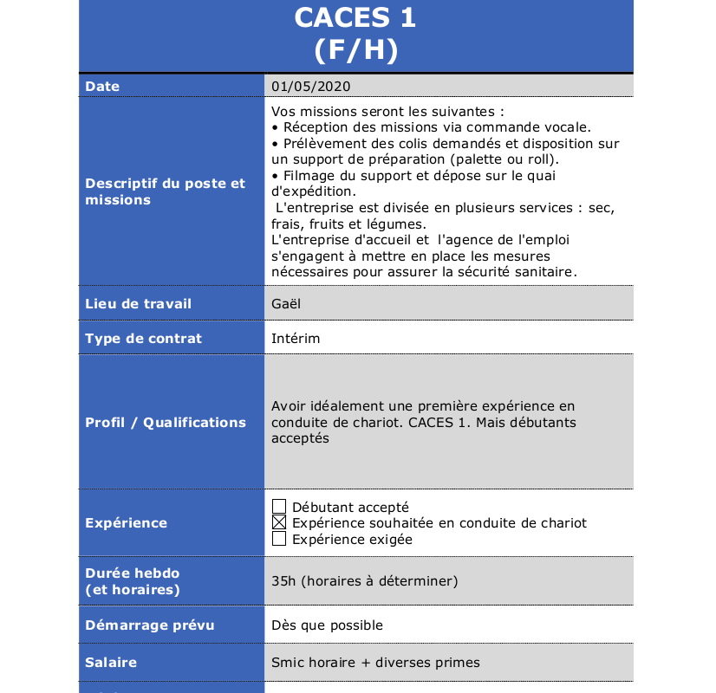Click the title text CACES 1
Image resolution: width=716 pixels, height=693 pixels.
[x=355, y=17]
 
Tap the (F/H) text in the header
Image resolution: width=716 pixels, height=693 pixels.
[x=355, y=50]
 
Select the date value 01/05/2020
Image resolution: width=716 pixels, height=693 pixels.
[x=311, y=87]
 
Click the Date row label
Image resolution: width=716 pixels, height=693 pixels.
[x=102, y=87]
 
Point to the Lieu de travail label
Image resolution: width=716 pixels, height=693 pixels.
[x=138, y=304]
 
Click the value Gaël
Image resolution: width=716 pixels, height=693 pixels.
[x=286, y=304]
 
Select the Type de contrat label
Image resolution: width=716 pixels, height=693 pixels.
[x=143, y=339]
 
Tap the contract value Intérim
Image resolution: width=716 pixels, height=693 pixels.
[x=296, y=339]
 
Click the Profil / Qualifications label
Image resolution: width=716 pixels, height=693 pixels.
[x=166, y=423]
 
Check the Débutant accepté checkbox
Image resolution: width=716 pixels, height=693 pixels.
[x=279, y=507]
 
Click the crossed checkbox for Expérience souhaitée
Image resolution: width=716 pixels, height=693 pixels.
[x=279, y=523]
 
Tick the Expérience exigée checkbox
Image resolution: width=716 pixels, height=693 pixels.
[x=279, y=539]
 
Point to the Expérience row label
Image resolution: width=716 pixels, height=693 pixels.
[x=126, y=523]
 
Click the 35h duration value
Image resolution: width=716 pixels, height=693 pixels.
[x=364, y=580]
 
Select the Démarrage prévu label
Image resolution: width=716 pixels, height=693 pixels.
[x=149, y=625]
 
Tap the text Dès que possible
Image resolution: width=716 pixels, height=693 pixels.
[x=327, y=625]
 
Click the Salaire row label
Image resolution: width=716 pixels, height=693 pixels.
[x=111, y=663]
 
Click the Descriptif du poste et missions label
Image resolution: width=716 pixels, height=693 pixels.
[x=165, y=191]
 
